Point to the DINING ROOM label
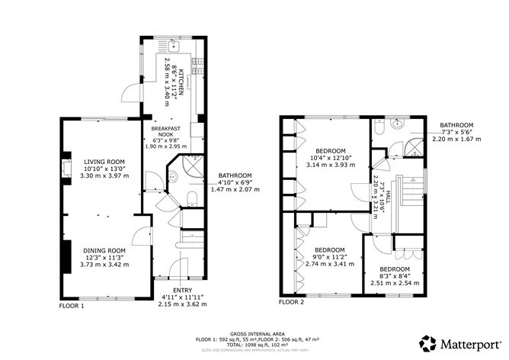coord(104,250)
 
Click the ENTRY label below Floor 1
coord(182,291)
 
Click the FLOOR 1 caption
coord(72,306)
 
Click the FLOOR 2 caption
coord(291,303)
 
